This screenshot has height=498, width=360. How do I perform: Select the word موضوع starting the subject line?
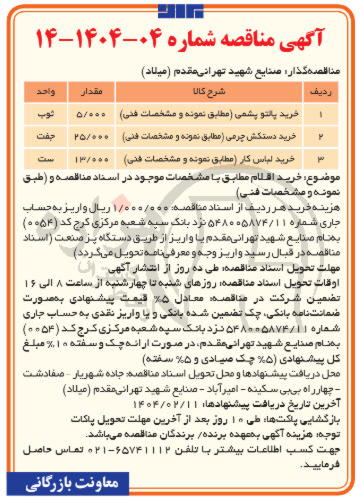[x=328, y=176]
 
